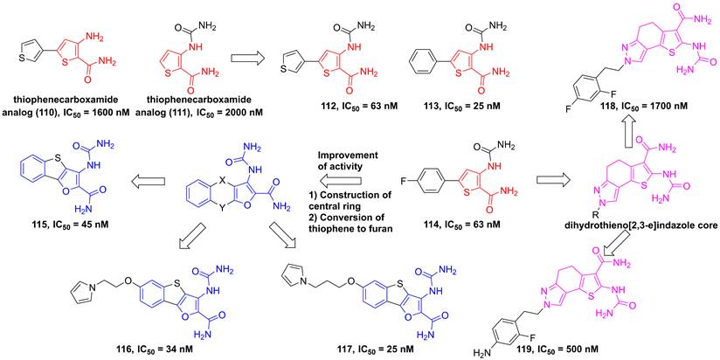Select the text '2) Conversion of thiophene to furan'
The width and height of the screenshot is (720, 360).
click(x=352, y=220)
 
